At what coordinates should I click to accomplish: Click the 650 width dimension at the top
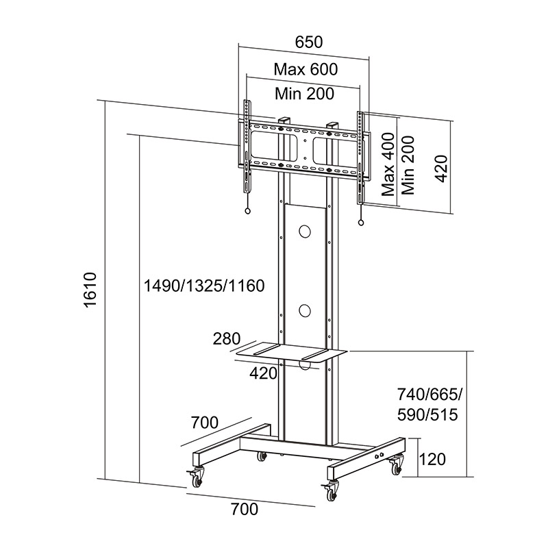308,41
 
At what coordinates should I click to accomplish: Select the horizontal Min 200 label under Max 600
305,93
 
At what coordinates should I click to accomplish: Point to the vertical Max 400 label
388,165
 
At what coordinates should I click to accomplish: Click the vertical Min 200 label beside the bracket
410,165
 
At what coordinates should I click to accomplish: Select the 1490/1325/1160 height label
203,285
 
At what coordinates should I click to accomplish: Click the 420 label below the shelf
264,373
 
